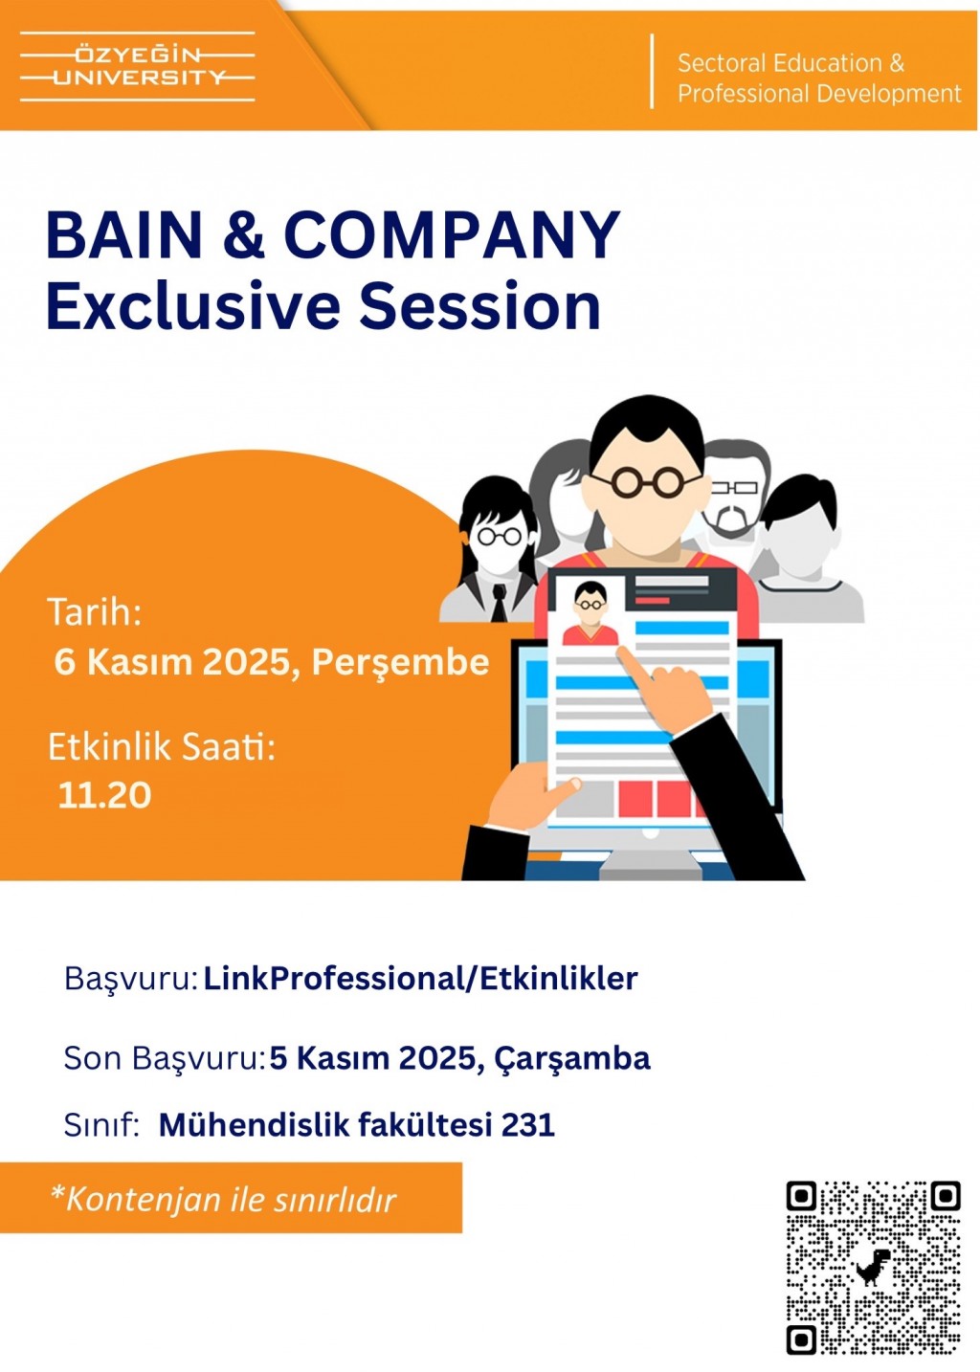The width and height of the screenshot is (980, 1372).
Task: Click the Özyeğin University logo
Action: click(137, 66)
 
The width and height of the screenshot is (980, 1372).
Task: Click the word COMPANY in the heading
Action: click(452, 235)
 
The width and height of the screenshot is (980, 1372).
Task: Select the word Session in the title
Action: click(479, 305)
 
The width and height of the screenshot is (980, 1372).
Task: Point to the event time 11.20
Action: click(104, 795)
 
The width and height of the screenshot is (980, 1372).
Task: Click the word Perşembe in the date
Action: click(401, 663)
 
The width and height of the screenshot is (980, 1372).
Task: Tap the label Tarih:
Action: click(95, 611)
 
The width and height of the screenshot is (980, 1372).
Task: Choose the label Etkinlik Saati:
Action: click(162, 748)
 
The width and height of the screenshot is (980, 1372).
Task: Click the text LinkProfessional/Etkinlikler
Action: click(420, 978)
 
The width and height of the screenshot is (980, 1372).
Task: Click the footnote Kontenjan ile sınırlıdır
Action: click(224, 1199)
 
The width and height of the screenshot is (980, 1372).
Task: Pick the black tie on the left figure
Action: click(501, 603)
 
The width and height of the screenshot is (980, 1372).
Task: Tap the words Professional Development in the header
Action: click(819, 94)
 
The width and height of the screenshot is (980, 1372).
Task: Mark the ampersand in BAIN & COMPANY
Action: click(244, 235)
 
